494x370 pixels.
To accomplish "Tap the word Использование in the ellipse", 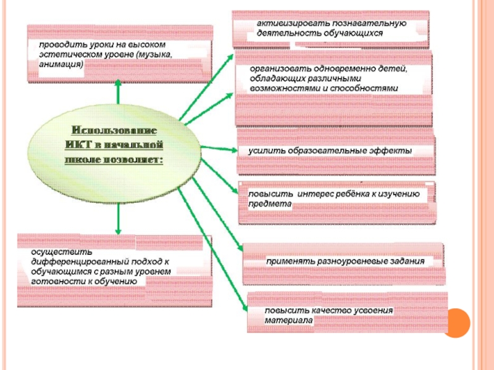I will pos(114,131).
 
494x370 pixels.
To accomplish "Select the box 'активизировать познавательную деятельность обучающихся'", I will pos(330,28).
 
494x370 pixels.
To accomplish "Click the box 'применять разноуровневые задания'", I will pos(343,263).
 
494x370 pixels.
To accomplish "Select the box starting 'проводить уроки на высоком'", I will pos(120,54).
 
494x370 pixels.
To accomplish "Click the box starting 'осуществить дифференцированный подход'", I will pos(114,266).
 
